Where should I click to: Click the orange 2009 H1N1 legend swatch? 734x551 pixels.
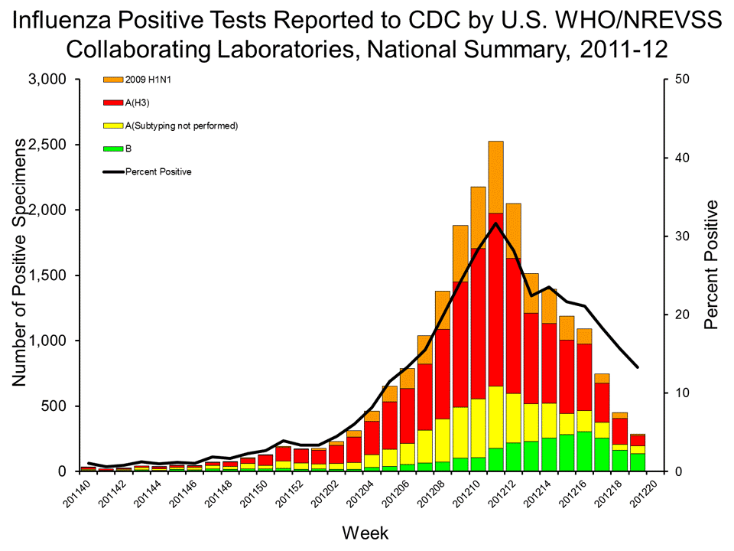click(x=112, y=79)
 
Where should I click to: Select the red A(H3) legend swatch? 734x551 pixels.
click(x=112, y=102)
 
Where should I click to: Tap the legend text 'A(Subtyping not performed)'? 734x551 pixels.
click(x=182, y=126)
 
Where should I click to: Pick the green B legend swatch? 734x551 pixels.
click(x=112, y=148)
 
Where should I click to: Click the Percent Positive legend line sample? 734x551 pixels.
click(x=112, y=171)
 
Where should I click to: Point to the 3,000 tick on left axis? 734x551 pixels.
click(x=47, y=80)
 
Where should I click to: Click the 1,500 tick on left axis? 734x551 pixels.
click(x=47, y=275)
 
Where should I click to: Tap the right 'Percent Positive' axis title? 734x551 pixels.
click(x=712, y=264)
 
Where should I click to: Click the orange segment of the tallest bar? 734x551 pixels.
click(x=495, y=177)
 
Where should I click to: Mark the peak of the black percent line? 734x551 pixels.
click(x=496, y=223)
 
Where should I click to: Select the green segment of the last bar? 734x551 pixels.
click(x=638, y=462)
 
